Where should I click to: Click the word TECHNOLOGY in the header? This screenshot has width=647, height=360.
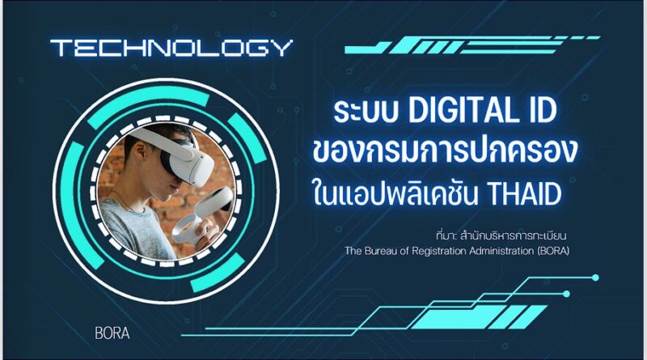171,48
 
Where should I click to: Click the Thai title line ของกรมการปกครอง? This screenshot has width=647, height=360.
445,151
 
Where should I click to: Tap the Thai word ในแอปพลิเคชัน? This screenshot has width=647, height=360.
395,193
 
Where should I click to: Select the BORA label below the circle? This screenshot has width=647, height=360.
112,333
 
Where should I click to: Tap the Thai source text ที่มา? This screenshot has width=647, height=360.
446,235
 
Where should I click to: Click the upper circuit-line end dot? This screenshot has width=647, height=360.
595,277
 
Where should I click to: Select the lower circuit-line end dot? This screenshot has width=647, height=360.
567,294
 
